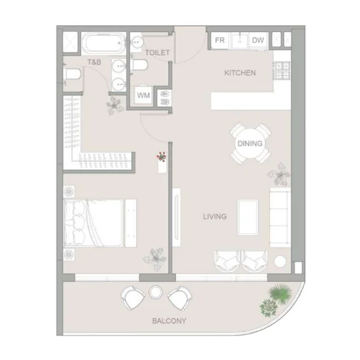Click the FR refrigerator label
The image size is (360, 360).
pyautogui.click(x=220, y=40)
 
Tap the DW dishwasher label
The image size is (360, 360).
pyautogui.click(x=258, y=40)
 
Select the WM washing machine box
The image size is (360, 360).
pyautogui.click(x=143, y=95)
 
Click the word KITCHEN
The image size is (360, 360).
pyautogui.click(x=240, y=73)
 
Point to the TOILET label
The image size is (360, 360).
pyautogui.click(x=157, y=53)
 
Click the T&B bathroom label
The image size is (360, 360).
pyautogui.click(x=94, y=62)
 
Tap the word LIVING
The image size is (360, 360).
pyautogui.click(x=215, y=217)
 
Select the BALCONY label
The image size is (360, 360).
pyautogui.click(x=169, y=321)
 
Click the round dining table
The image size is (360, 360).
pyautogui.click(x=250, y=143)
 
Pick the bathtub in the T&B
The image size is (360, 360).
pyautogui.click(x=103, y=43)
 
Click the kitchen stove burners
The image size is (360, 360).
pyautogui.click(x=282, y=71)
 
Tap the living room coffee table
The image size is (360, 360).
pyautogui.click(x=248, y=217)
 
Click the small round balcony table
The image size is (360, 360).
pyautogui.click(x=155, y=292)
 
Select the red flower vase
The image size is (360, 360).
pyautogui.click(x=161, y=157)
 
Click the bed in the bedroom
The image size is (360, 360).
pyautogui.click(x=94, y=223)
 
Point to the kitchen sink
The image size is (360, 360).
pyautogui.click(x=239, y=41)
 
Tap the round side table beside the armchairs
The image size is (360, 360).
pyautogui.click(x=280, y=261)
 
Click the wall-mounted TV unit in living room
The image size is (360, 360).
pyautogui.click(x=176, y=217)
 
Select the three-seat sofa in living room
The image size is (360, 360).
pyautogui.click(x=280, y=217)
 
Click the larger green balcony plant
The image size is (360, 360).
pyautogui.click(x=281, y=293)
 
